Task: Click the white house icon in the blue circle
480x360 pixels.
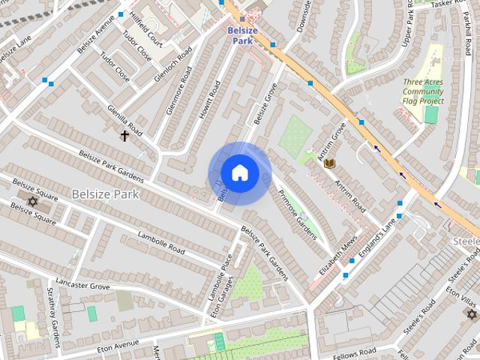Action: (x=239, y=172)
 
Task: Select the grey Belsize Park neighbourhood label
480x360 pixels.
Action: (x=106, y=193)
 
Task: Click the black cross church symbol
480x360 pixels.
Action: (x=125, y=136)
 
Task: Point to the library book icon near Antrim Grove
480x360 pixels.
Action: (x=328, y=163)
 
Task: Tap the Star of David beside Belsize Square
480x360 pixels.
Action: (x=32, y=201)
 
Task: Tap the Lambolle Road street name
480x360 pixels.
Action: (x=161, y=243)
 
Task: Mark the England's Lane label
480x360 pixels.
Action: (x=377, y=238)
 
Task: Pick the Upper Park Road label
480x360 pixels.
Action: (x=408, y=27)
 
